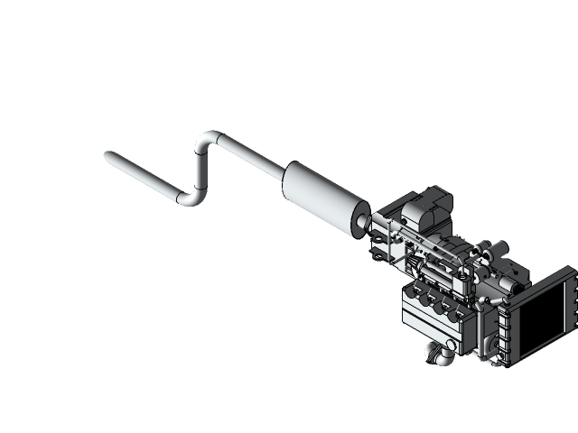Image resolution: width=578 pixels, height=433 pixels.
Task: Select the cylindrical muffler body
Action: point(320,197)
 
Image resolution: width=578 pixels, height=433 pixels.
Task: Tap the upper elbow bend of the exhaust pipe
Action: point(209,140)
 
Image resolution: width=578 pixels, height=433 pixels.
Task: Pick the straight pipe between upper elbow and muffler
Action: point(253,155)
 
